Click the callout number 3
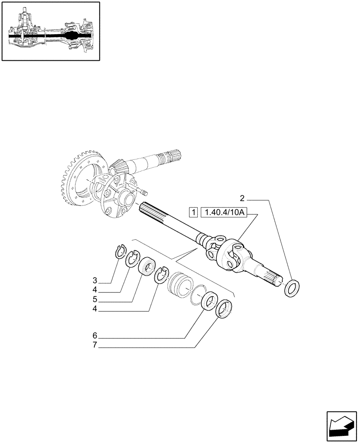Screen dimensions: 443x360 [x=94, y=280]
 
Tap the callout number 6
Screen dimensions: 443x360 [x=94, y=335]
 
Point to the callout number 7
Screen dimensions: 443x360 [x=94, y=345]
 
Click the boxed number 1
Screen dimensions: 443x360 [x=193, y=213]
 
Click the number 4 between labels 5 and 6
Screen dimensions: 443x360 [x=94, y=310]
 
